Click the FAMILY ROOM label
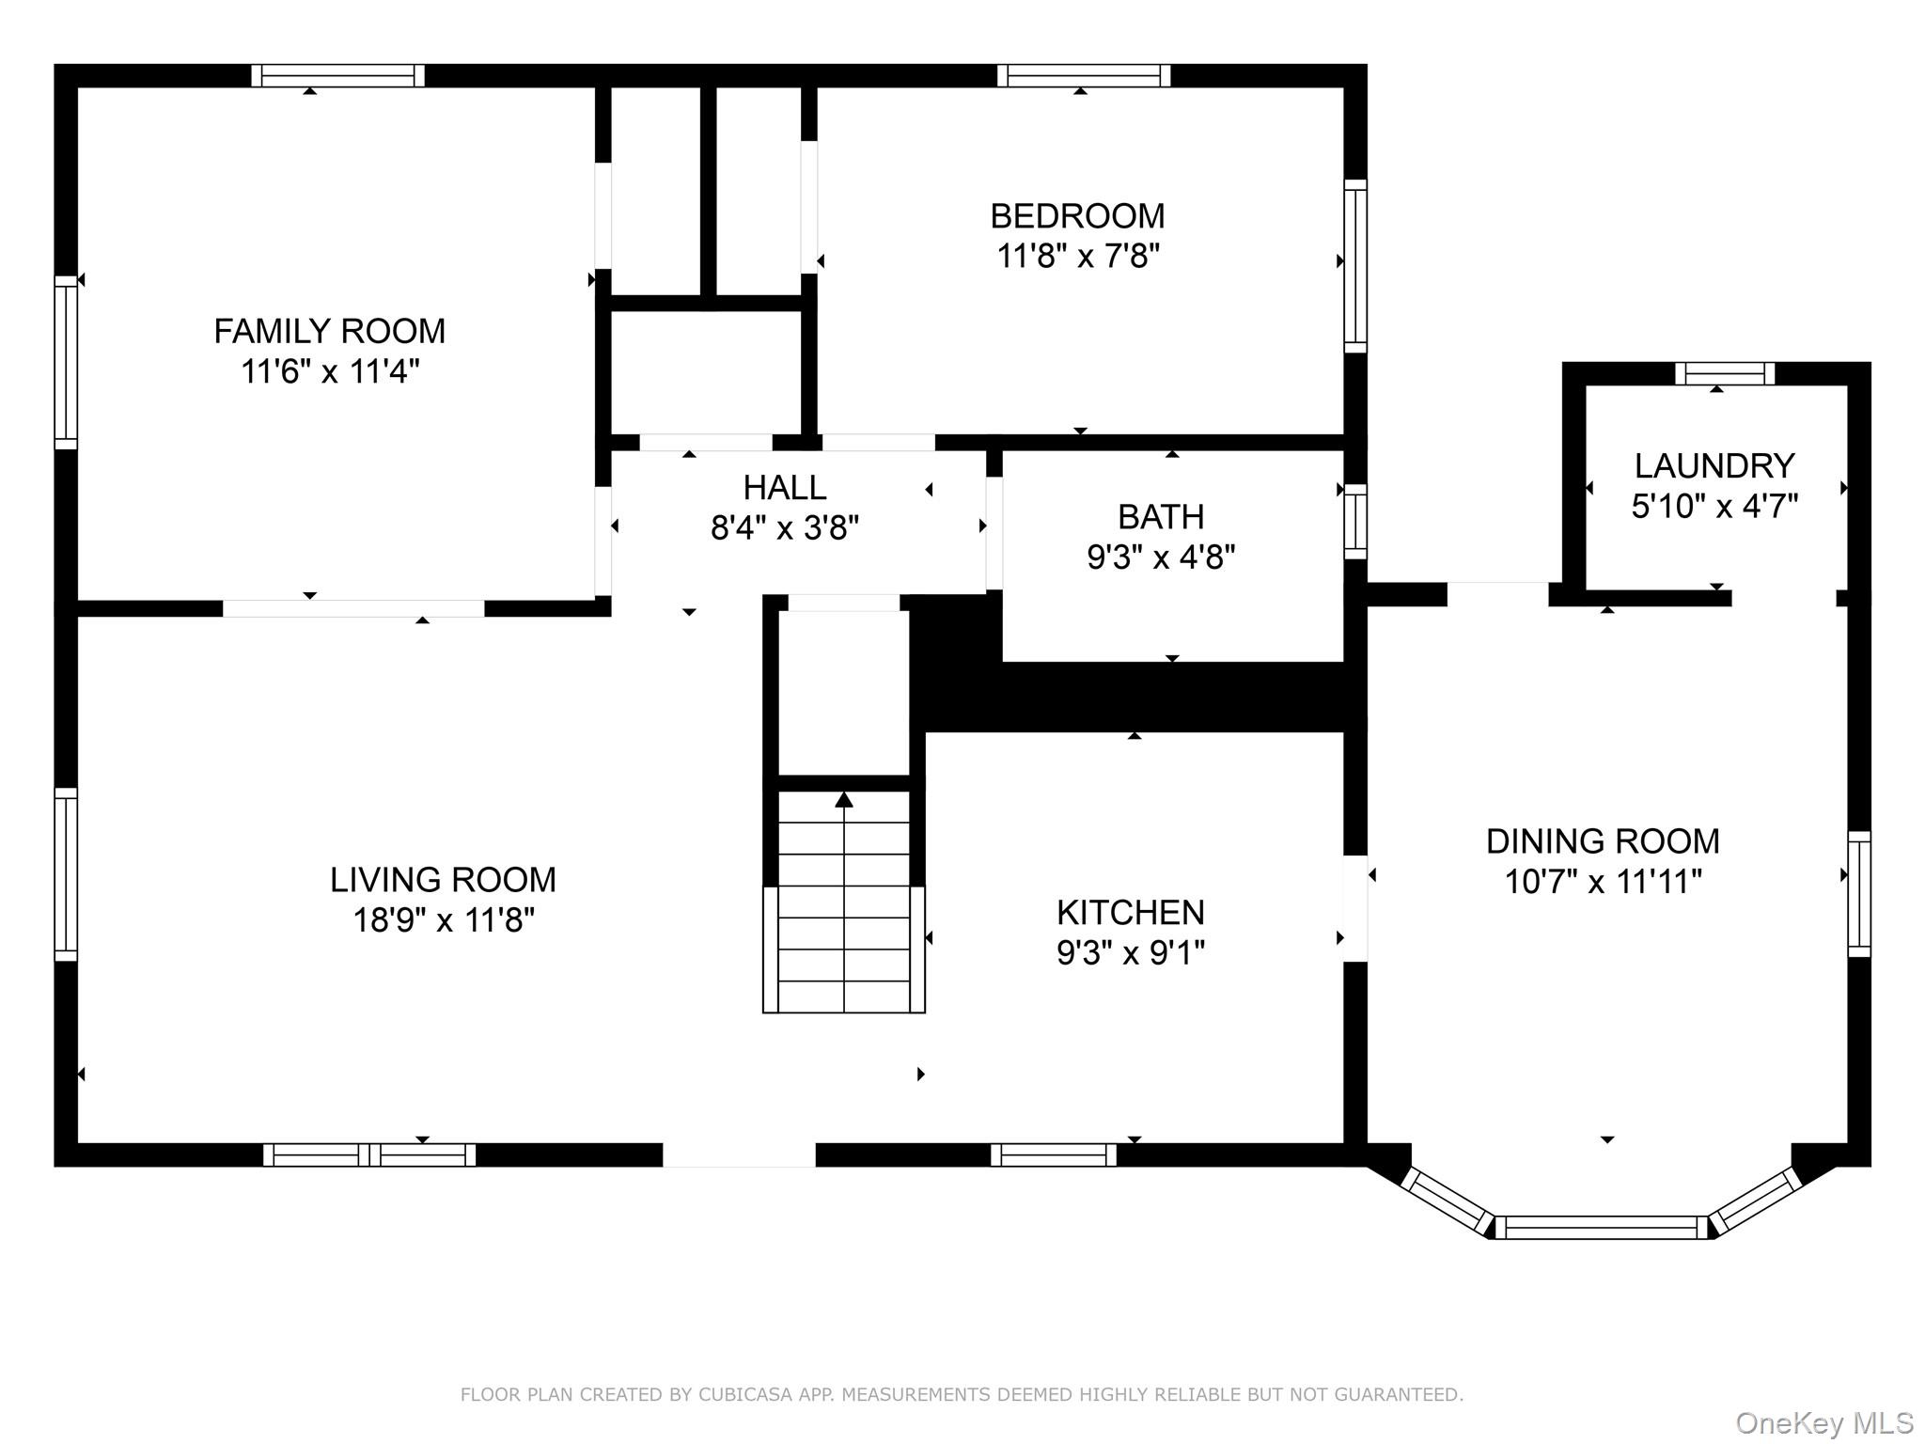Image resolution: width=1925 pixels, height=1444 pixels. coord(329,331)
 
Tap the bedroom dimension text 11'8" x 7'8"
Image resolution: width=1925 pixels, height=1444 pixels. coord(1078,256)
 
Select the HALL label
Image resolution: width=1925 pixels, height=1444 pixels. coord(784,487)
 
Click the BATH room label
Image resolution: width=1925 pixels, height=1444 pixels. coord(1161,517)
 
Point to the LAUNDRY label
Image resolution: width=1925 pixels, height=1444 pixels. coord(1714,465)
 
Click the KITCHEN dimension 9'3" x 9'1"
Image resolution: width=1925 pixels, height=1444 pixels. coord(1130,953)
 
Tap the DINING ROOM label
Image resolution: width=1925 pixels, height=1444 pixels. coord(1603,840)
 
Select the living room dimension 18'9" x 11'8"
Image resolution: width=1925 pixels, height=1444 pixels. coord(443,919)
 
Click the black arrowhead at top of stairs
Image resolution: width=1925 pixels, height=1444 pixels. coord(844,799)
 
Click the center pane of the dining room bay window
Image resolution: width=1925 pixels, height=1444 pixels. coord(1600,1227)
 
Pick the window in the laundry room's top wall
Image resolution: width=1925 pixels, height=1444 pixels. coord(1725,374)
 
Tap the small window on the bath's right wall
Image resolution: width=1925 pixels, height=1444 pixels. coord(1354,522)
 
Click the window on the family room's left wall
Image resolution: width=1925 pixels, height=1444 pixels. coord(65,362)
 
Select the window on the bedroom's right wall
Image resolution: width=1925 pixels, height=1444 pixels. coord(1354,266)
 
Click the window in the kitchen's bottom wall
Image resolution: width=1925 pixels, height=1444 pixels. coord(1054,1154)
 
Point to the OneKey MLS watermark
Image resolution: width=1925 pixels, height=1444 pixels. coord(1823,1423)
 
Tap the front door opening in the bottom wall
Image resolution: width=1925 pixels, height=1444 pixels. coord(739,1154)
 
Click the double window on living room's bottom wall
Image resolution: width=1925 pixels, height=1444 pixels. coord(369,1154)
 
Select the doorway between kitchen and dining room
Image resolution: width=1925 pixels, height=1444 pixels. coord(1354,908)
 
